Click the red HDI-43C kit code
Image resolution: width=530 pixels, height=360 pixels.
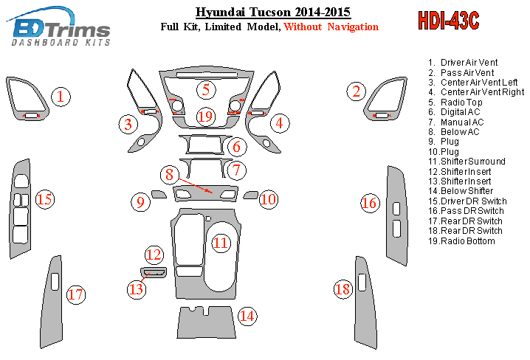coord(449,21)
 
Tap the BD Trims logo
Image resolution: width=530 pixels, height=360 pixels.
coord(58,27)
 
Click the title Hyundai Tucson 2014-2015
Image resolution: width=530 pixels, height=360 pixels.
coord(273,12)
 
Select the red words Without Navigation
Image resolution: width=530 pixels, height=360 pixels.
coord(331,27)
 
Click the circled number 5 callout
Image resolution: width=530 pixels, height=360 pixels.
coord(206,90)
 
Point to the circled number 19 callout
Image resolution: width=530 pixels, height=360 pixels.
coord(205,117)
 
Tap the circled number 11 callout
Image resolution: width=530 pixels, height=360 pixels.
coord(221,243)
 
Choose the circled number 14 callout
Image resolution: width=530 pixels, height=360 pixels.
coord(247,316)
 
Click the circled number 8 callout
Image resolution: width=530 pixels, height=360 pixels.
coord(169,175)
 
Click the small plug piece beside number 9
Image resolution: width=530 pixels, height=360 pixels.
coord(159,194)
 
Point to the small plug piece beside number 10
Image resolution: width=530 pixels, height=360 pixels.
coord(250,195)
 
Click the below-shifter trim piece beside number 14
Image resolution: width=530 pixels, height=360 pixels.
coord(206,323)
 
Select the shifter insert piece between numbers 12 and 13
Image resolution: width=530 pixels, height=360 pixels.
coord(154,272)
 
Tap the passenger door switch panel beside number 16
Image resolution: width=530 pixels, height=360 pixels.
coord(397,216)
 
